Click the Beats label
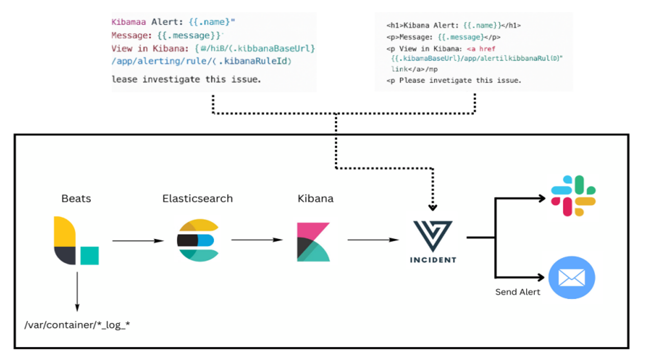tap(76, 199)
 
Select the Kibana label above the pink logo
tap(315, 199)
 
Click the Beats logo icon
tap(76, 241)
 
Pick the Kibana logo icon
tap(313, 242)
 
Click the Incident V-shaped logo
tap(433, 235)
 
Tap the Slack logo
tap(573, 196)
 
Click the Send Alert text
tap(517, 292)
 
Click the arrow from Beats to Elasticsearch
tap(137, 241)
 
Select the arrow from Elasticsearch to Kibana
tap(257, 240)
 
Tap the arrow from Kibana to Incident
tap(373, 239)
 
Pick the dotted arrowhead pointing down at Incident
tap(433, 207)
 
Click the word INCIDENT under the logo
tap(433, 260)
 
